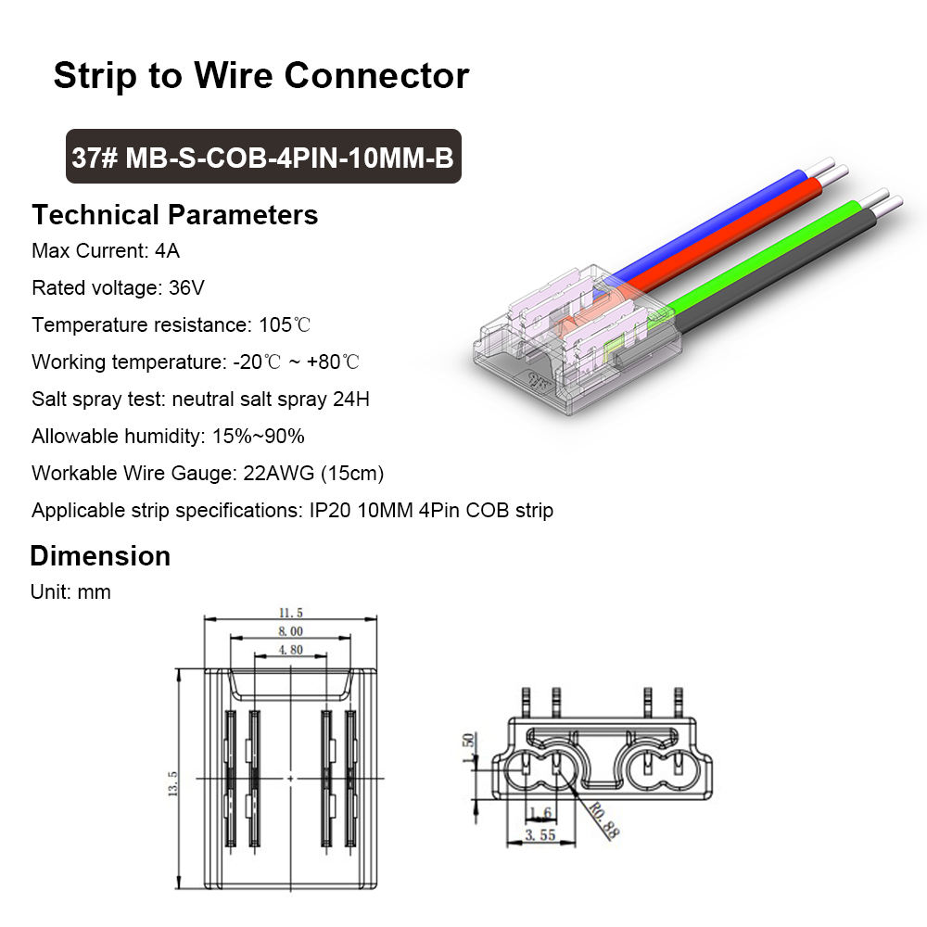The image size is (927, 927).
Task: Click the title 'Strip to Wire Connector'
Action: pyautogui.click(x=260, y=75)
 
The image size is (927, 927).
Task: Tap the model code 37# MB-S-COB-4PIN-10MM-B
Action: pyautogui.click(x=262, y=158)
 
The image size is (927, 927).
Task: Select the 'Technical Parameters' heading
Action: pyautogui.click(x=174, y=215)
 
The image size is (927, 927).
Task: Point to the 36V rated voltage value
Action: pyautogui.click(x=186, y=288)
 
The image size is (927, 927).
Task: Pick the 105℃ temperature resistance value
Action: pyautogui.click(x=284, y=325)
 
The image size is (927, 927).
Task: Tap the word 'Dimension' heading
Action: pyautogui.click(x=100, y=556)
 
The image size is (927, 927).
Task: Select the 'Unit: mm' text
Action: pyautogui.click(x=70, y=592)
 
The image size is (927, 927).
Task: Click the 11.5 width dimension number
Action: pyautogui.click(x=290, y=613)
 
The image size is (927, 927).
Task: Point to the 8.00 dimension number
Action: pyautogui.click(x=290, y=631)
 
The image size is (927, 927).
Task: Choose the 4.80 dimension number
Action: pyautogui.click(x=290, y=650)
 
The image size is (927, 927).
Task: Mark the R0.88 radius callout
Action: pyautogui.click(x=603, y=821)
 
